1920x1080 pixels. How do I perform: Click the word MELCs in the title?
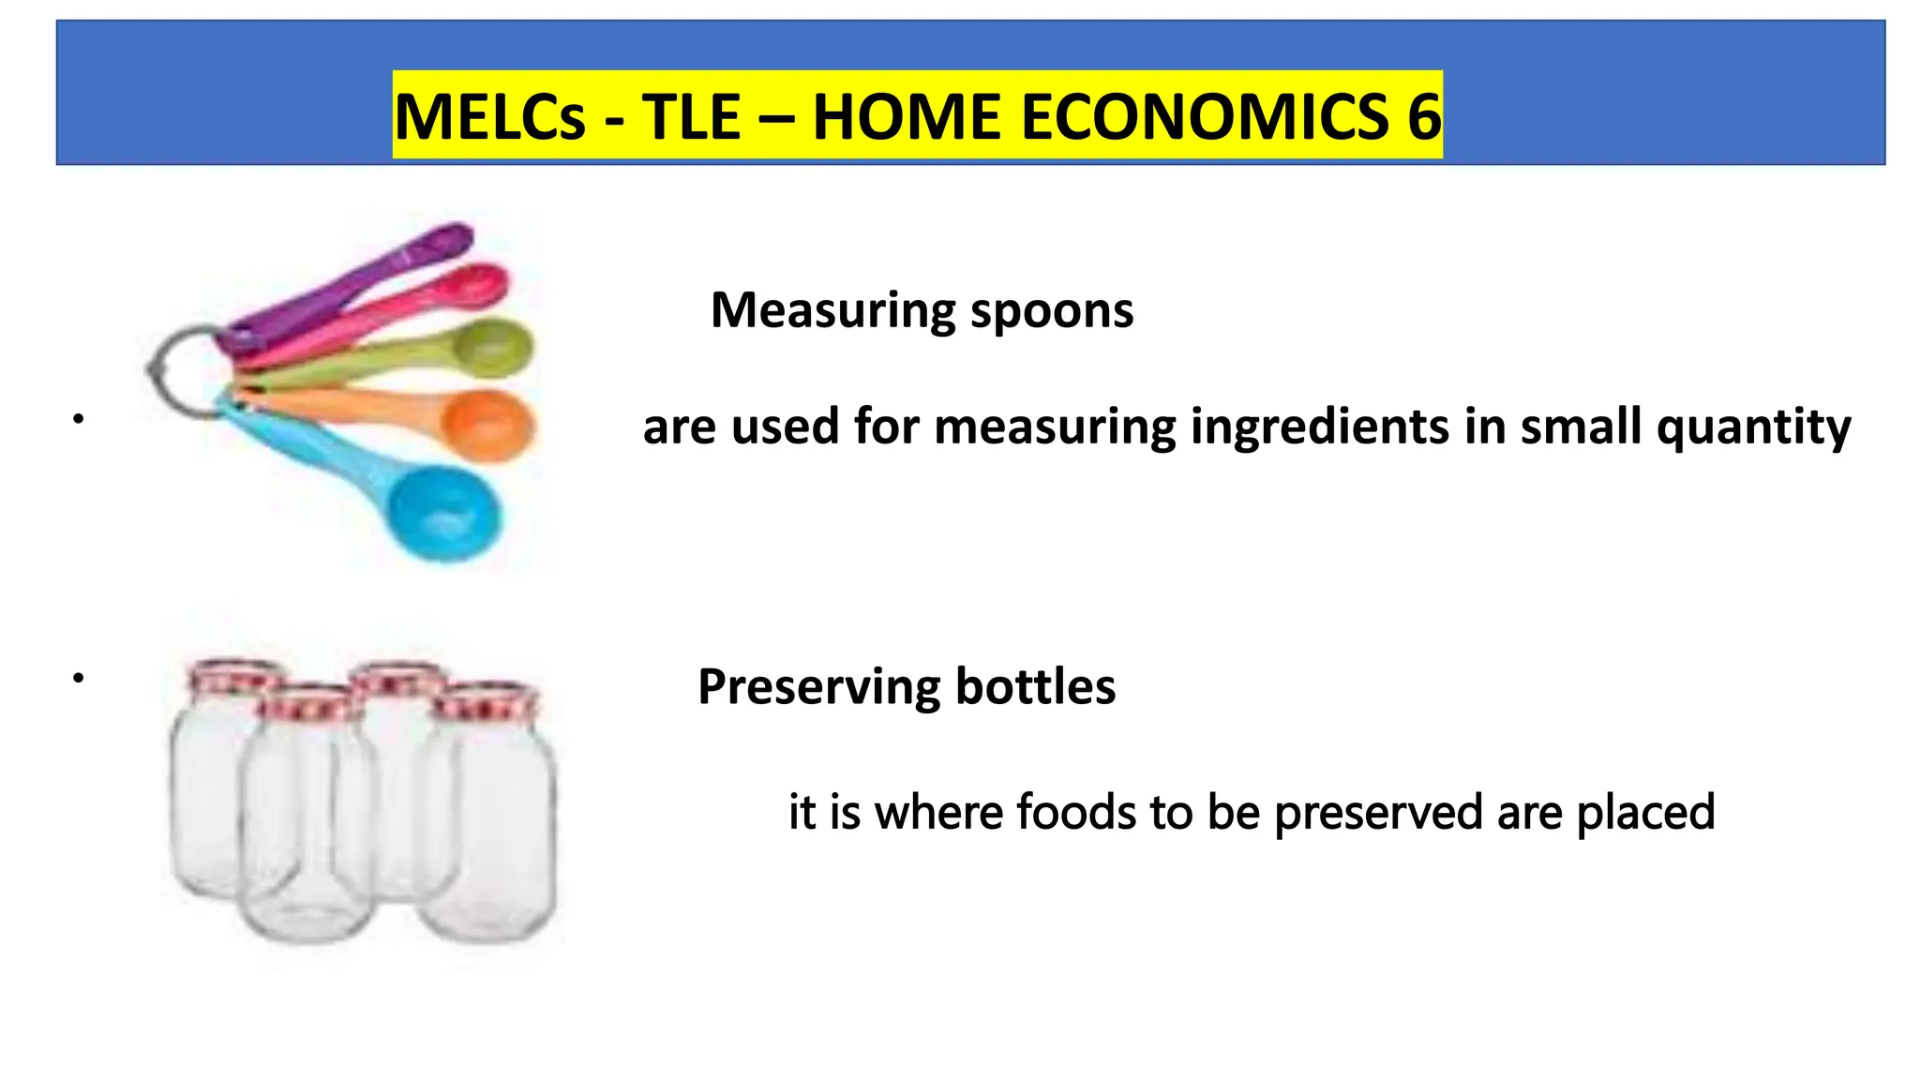[489, 117]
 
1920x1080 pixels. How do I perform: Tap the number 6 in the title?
[1423, 117]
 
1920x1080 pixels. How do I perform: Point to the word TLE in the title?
[691, 117]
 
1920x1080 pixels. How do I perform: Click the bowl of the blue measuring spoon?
[444, 515]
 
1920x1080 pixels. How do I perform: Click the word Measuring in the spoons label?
[833, 310]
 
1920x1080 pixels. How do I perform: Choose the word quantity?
[1753, 427]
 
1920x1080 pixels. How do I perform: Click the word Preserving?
[819, 687]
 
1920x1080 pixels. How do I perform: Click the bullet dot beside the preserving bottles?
[79, 677]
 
